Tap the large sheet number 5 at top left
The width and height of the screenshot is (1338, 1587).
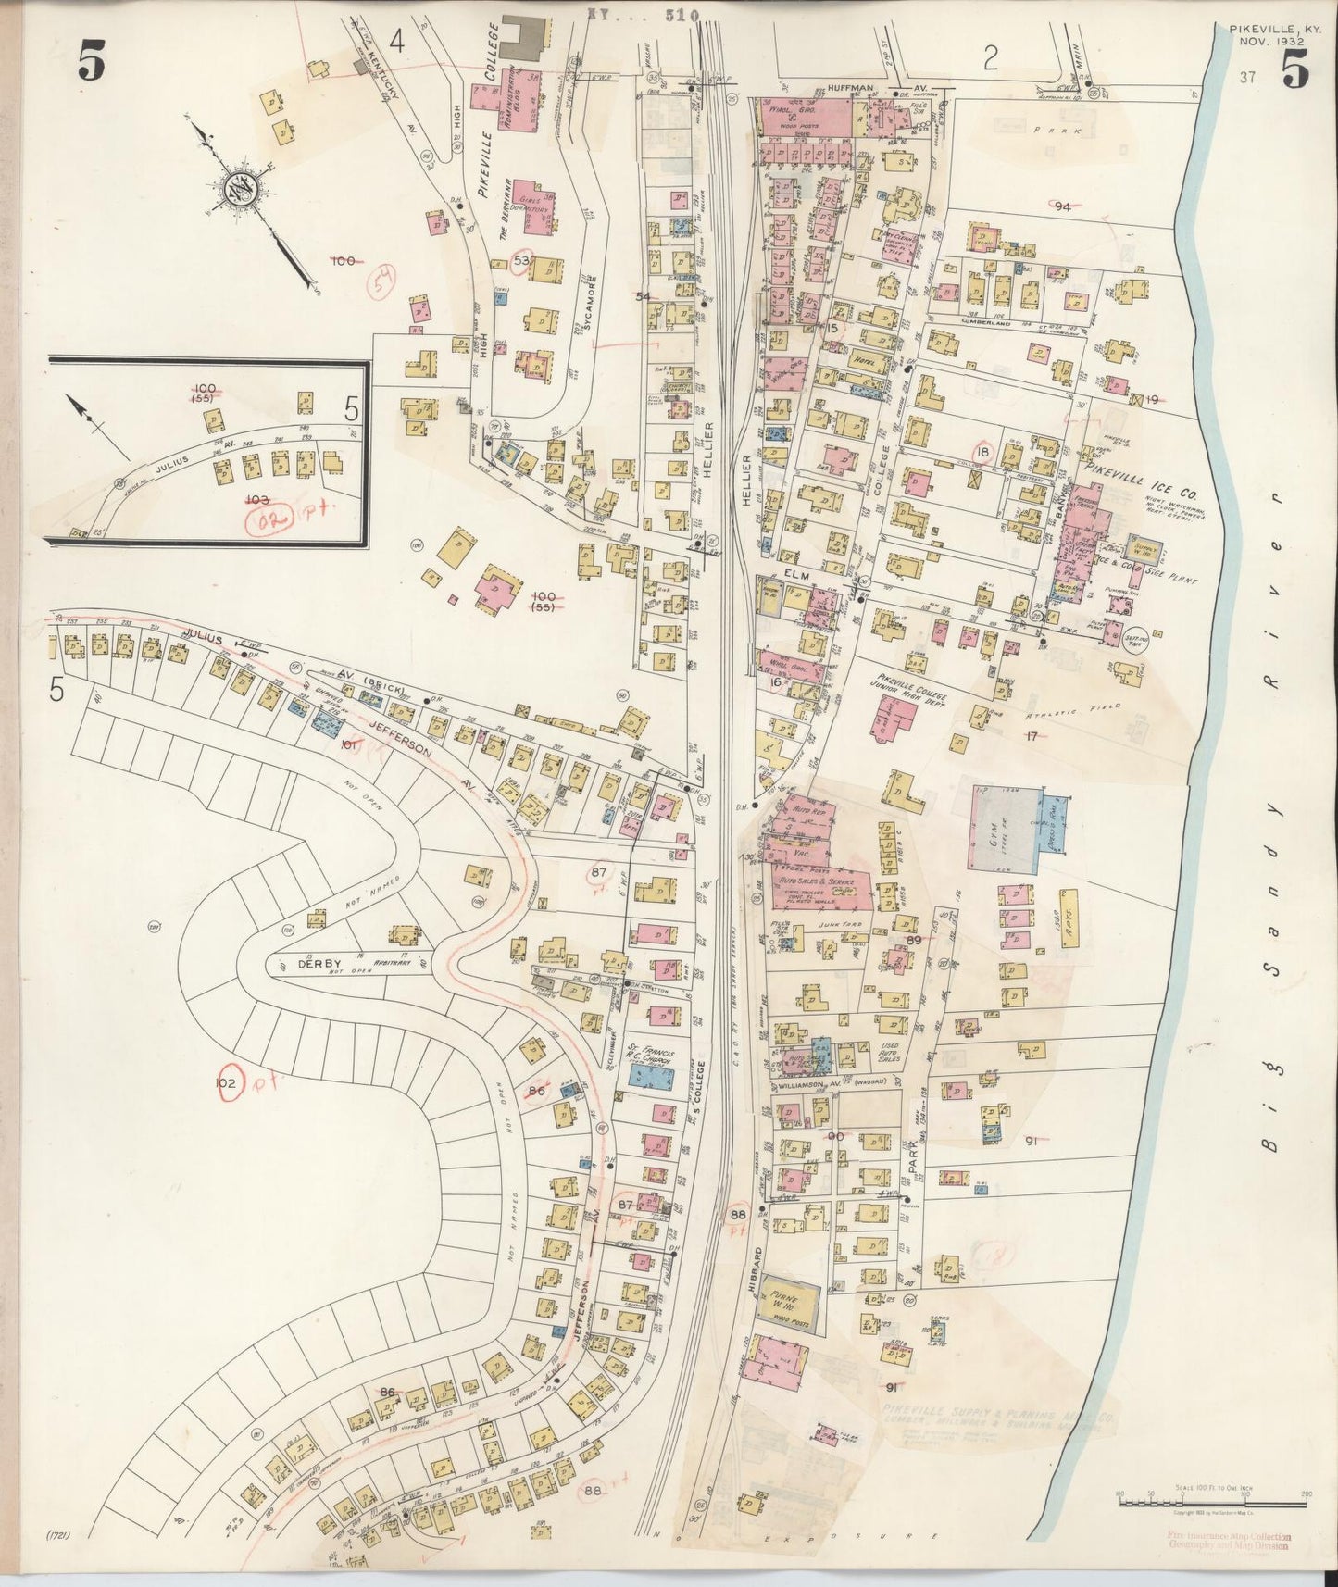click(x=90, y=63)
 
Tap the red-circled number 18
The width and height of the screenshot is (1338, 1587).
click(x=982, y=451)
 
